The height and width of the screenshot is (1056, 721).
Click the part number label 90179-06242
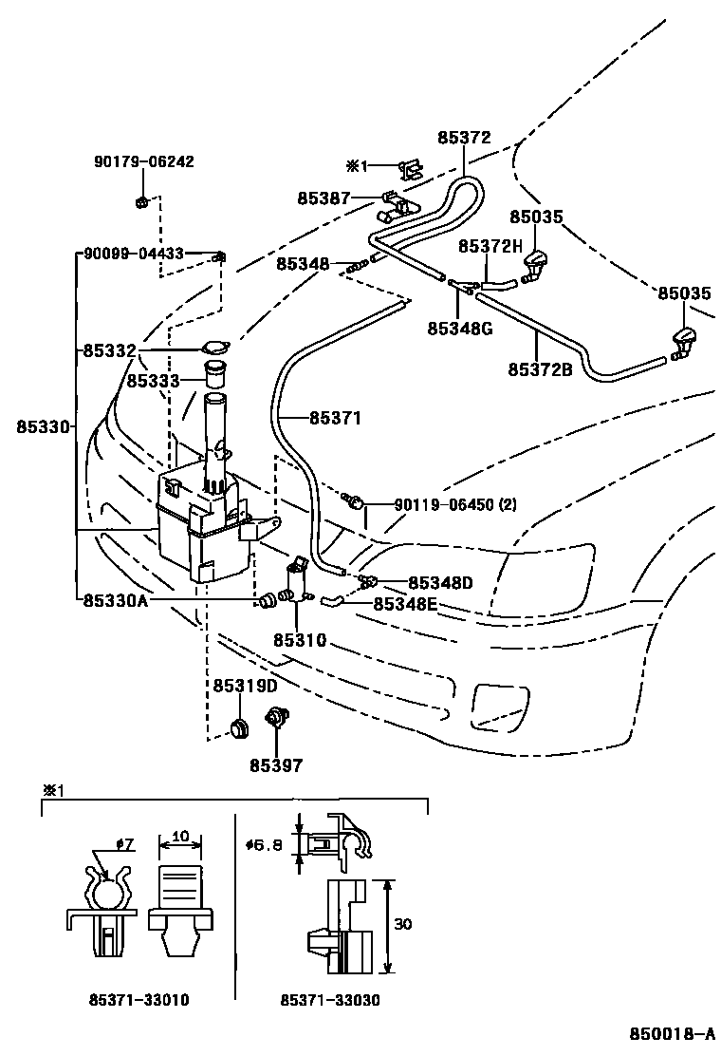pos(143,161)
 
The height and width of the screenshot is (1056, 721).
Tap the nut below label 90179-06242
pos(141,201)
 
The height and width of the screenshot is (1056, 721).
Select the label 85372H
pos(490,247)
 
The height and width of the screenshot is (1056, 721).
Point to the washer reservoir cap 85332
pos(216,349)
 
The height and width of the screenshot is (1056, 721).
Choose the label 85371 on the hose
pos(336,418)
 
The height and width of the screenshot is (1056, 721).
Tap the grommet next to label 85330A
pos(267,600)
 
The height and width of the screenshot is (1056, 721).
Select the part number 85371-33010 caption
pos(139,1000)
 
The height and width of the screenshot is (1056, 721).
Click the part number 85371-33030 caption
pos(330,1000)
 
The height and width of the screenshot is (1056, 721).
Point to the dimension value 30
pos(402,924)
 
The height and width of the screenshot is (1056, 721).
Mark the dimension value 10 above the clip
pos(180,837)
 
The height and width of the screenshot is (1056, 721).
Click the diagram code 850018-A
pos(672,1034)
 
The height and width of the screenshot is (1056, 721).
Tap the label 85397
pos(276,765)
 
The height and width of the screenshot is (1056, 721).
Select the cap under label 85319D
pos(239,727)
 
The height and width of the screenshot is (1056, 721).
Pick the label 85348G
pos(460,329)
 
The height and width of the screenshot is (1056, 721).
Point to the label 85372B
pos(540,369)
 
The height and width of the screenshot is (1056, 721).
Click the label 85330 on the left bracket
pos(43,427)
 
